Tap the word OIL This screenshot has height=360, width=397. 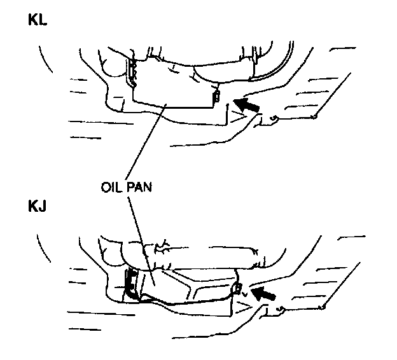[113, 189]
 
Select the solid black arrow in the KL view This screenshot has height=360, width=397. [246, 104]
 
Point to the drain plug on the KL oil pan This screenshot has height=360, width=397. [216, 97]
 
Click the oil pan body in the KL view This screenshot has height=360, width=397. [172, 86]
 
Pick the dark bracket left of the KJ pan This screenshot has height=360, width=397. [130, 283]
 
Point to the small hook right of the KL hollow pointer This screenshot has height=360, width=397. [273, 118]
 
